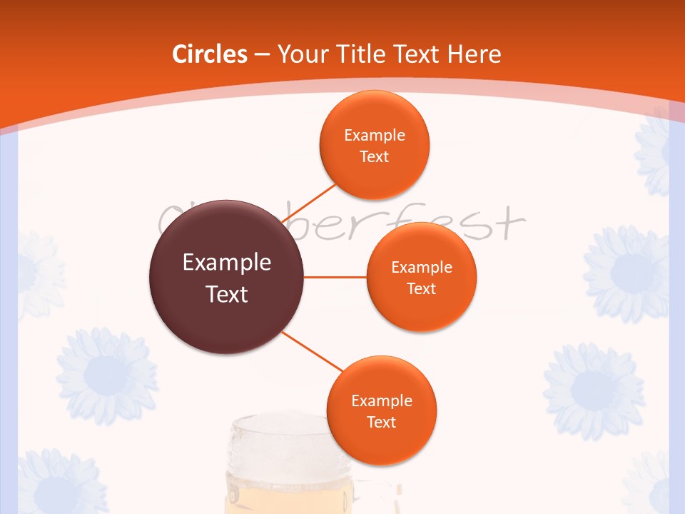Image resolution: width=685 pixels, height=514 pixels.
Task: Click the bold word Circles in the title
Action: coord(210,54)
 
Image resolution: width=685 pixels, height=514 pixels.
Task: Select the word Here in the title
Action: coord(474,54)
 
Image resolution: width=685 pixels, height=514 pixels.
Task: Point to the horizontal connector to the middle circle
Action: coord(335,277)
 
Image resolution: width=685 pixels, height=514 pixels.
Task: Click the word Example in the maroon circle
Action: coord(227,263)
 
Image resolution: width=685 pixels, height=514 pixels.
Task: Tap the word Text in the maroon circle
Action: coord(227,294)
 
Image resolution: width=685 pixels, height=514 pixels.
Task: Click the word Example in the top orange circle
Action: coord(375,135)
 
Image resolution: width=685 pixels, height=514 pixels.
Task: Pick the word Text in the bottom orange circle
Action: coord(381,422)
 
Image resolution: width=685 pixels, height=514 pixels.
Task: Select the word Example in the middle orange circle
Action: coord(422,267)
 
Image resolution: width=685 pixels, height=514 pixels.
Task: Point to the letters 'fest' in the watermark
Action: coord(485,223)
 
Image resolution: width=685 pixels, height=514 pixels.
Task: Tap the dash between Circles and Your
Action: coord(262,54)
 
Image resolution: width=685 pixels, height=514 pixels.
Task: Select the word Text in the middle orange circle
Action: coord(422,288)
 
